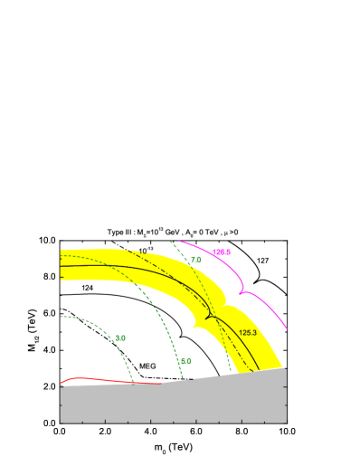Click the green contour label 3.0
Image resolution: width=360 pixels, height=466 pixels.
[120, 338]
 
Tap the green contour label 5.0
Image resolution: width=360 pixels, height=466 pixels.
[185, 361]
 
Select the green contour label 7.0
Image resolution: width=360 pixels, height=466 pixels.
[195, 260]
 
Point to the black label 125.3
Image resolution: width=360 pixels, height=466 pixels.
[248, 333]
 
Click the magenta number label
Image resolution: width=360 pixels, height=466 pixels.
[222, 252]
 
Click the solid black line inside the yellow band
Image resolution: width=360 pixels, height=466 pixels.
[136, 271]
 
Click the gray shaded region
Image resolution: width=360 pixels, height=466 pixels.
[172, 403]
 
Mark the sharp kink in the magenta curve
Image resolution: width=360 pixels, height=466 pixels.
[242, 292]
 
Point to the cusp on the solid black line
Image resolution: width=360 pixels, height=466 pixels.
[209, 315]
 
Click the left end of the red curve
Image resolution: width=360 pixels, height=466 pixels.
[61, 382]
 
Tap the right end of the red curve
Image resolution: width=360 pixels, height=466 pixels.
[162, 384]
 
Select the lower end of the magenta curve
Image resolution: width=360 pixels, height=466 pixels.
[287, 328]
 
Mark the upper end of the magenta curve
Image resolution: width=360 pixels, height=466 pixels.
[179, 241]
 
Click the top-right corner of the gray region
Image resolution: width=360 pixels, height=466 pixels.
[287, 367]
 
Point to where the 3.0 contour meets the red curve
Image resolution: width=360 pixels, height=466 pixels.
[133, 383]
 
